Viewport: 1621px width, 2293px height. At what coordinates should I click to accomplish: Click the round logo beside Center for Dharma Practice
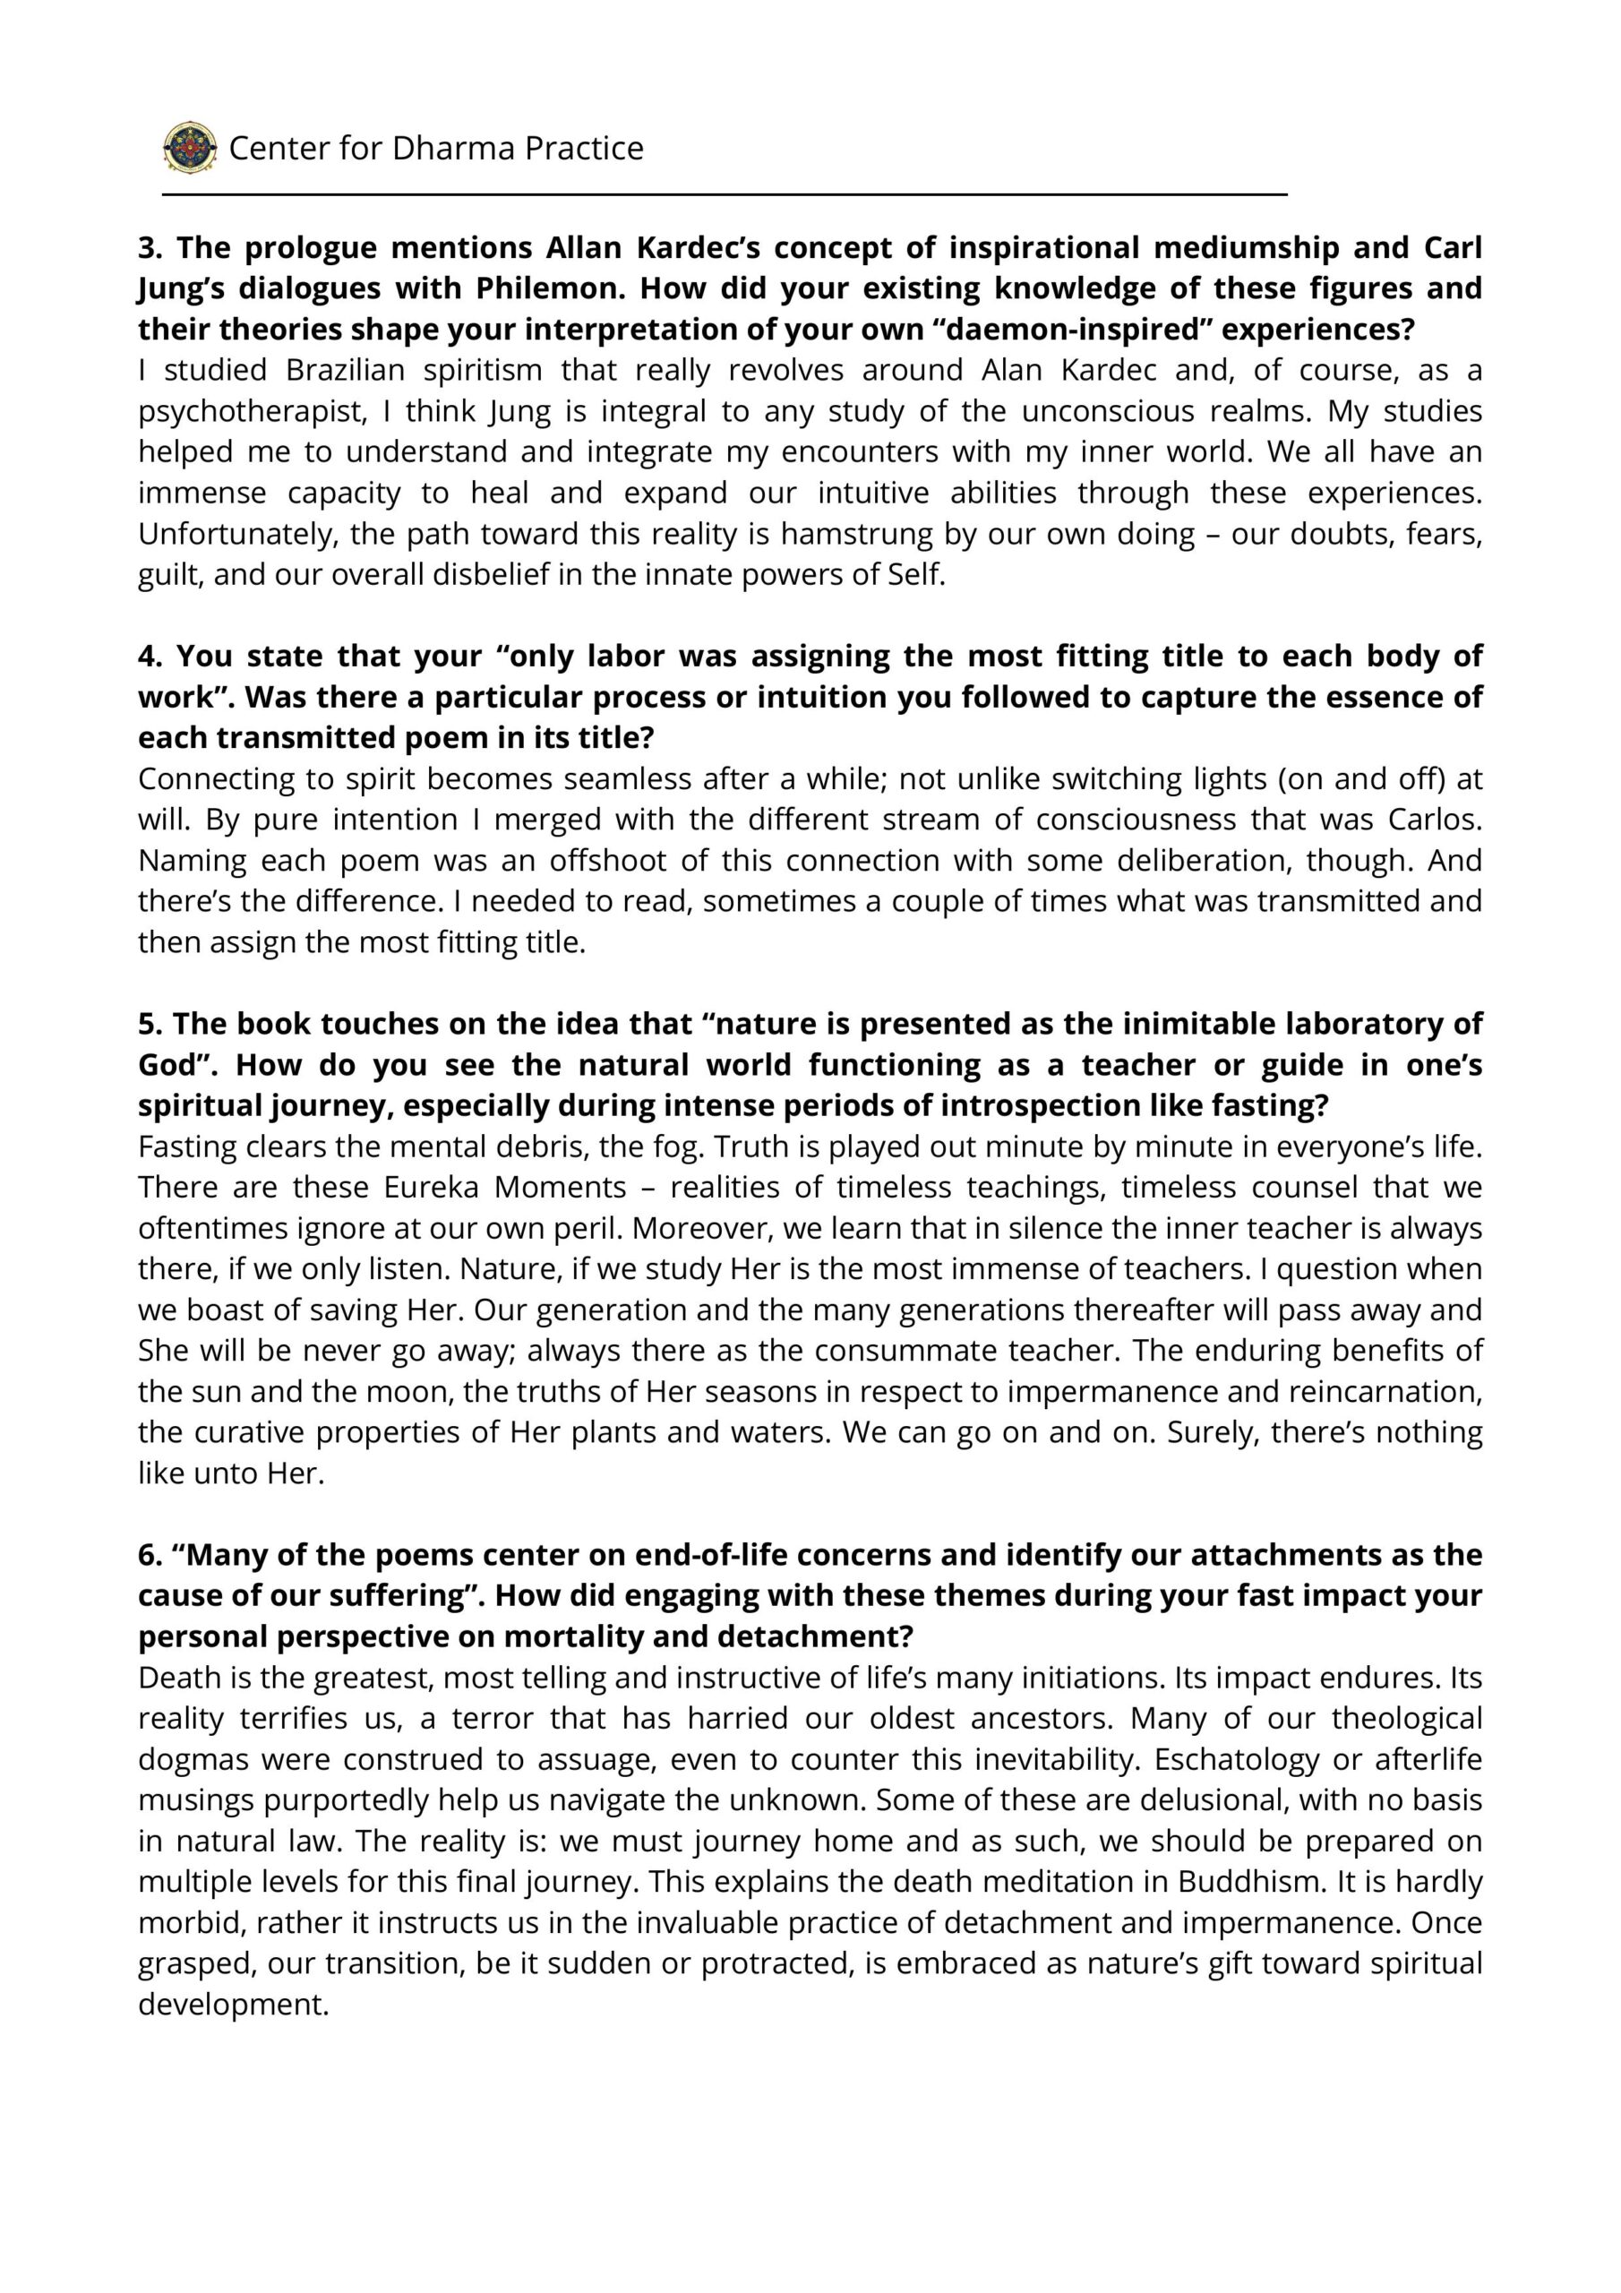click(190, 148)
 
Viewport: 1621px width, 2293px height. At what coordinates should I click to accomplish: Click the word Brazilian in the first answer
click(345, 370)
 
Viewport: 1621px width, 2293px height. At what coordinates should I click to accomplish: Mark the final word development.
click(233, 2004)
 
